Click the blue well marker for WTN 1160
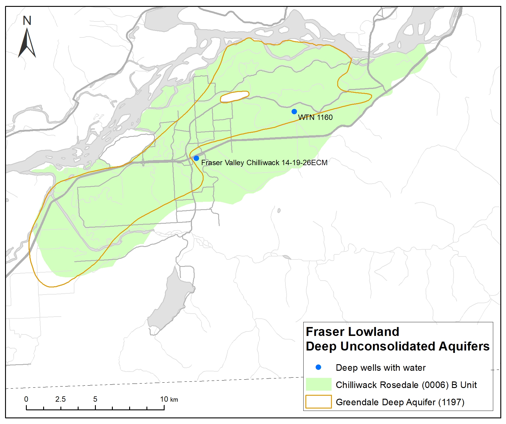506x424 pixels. pyautogui.click(x=294, y=112)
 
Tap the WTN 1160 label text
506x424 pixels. pyautogui.click(x=315, y=118)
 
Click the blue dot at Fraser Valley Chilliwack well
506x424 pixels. pyautogui.click(x=196, y=158)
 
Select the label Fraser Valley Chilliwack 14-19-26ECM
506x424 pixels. pyautogui.click(x=264, y=163)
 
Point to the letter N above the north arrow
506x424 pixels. pyautogui.click(x=27, y=21)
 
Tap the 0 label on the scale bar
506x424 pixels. pyautogui.click(x=26, y=399)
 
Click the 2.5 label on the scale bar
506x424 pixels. pyautogui.click(x=60, y=399)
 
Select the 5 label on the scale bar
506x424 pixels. pyautogui.click(x=95, y=399)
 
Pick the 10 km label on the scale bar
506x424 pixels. pyautogui.click(x=169, y=399)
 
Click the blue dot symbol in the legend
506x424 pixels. pyautogui.click(x=318, y=367)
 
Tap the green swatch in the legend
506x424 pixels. pyautogui.click(x=318, y=384)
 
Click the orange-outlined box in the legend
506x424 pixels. pyautogui.click(x=318, y=402)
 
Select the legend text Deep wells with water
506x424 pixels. pyautogui.click(x=380, y=368)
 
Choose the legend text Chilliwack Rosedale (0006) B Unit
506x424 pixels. pyautogui.click(x=406, y=385)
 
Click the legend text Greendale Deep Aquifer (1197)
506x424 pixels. pyautogui.click(x=400, y=402)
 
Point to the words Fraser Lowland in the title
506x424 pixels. pyautogui.click(x=352, y=332)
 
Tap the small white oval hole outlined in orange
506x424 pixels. pyautogui.click(x=234, y=97)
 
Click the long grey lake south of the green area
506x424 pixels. pyautogui.click(x=170, y=301)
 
